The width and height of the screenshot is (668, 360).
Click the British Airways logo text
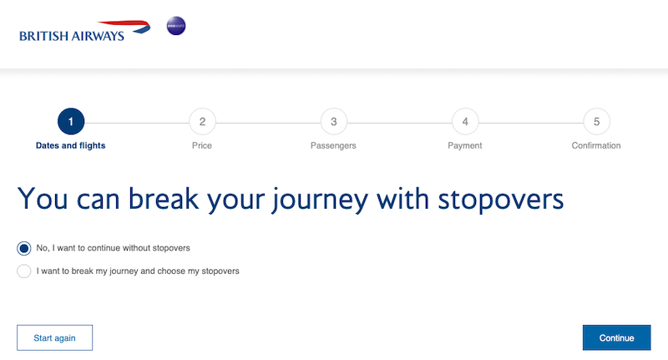point(72,36)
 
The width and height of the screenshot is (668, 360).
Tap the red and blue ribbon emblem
point(126,27)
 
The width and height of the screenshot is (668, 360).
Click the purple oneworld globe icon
point(176,26)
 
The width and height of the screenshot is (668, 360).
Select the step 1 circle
point(71,121)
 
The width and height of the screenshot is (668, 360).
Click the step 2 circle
point(202,121)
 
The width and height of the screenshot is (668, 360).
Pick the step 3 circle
point(334,121)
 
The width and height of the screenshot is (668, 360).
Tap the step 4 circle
point(465,121)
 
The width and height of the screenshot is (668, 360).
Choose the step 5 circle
point(596,121)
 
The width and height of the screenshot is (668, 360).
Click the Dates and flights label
point(70,145)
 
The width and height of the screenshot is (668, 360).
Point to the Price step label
point(202,145)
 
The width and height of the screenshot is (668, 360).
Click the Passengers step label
point(333,145)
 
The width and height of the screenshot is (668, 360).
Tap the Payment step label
point(465,145)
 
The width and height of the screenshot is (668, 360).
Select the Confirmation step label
point(596,145)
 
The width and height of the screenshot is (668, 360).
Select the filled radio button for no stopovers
point(24,248)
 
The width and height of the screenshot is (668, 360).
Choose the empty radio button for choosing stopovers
point(24,271)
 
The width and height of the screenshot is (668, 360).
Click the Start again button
point(54,337)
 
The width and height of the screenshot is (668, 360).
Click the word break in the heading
point(164,199)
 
